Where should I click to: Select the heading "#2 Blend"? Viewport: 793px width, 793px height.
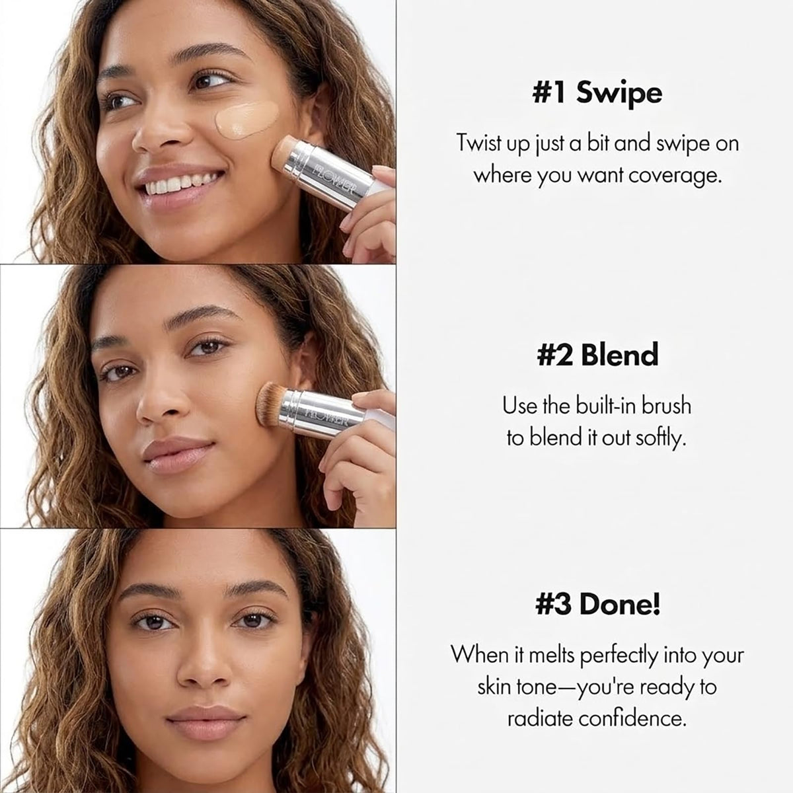click(597, 355)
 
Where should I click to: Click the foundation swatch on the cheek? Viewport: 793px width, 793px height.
click(247, 120)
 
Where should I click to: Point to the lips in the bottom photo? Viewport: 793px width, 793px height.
click(206, 723)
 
